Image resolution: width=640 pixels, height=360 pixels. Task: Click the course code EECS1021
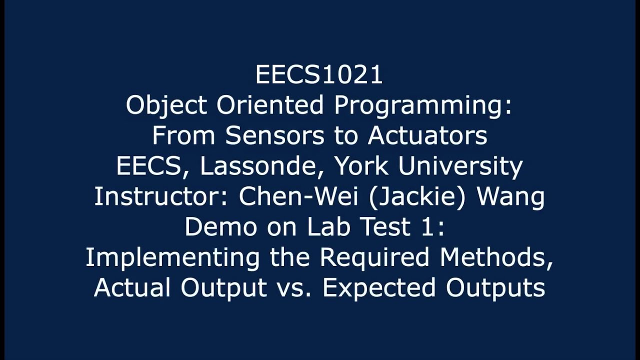319,75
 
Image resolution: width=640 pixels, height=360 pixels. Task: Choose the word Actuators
427,136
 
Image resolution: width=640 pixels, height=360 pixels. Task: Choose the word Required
374,258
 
